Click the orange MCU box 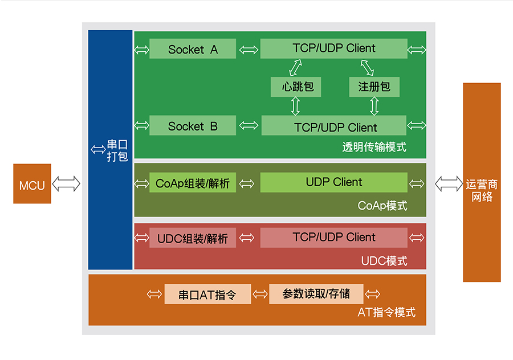pyautogui.click(x=32, y=183)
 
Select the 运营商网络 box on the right pyautogui.click(x=482, y=182)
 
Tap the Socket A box pyautogui.click(x=193, y=49)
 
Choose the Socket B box pyautogui.click(x=193, y=126)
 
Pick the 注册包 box pyautogui.click(x=374, y=87)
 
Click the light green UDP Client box pyautogui.click(x=333, y=182)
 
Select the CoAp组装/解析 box pyautogui.click(x=193, y=183)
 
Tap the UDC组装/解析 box pyautogui.click(x=193, y=238)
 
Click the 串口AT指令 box pyautogui.click(x=207, y=294)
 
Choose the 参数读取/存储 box pyautogui.click(x=316, y=294)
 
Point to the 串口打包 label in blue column pyautogui.click(x=117, y=150)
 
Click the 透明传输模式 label pyautogui.click(x=374, y=147)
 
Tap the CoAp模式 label pyautogui.click(x=382, y=206)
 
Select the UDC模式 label pyautogui.click(x=384, y=261)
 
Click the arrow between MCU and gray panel pyautogui.click(x=66, y=183)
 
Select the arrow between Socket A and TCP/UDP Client pyautogui.click(x=248, y=50)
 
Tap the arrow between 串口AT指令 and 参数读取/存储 pyautogui.click(x=260, y=294)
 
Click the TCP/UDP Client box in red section pyautogui.click(x=333, y=237)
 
